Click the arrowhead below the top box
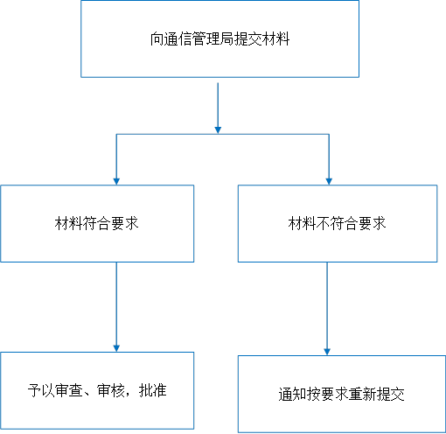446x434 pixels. [x=218, y=130]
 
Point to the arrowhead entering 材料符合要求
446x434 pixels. [x=116, y=181]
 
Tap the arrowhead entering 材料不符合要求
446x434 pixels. [x=329, y=181]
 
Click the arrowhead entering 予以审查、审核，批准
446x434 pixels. [x=116, y=348]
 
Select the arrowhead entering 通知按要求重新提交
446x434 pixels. [x=327, y=352]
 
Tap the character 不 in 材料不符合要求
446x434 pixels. [x=323, y=223]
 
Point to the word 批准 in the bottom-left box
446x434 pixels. [x=153, y=390]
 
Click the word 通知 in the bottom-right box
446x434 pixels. [x=292, y=395]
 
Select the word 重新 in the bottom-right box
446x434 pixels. [x=363, y=395]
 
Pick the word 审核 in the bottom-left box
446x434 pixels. [x=111, y=390]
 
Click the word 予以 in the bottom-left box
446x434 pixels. [x=41, y=390]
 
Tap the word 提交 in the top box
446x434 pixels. [x=247, y=38]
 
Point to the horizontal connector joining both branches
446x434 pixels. [x=223, y=134]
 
